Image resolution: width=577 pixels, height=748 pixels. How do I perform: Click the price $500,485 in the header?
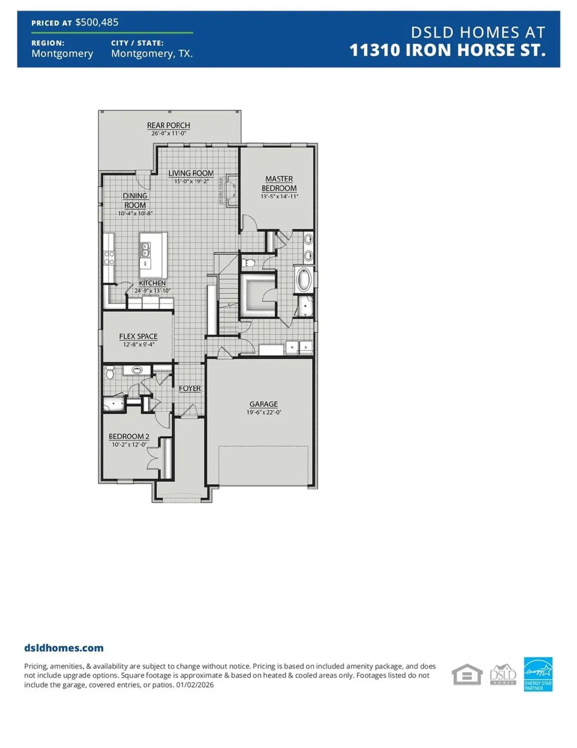(x=96, y=23)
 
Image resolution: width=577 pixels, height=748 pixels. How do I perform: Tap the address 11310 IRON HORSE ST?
(x=447, y=50)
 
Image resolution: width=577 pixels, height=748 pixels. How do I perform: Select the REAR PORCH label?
(x=168, y=125)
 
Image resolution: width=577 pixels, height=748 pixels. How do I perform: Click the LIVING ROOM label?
(x=191, y=173)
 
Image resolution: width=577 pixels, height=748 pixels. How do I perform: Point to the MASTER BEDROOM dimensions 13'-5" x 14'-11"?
(x=279, y=196)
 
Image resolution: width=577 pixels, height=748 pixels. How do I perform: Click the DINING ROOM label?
(x=135, y=200)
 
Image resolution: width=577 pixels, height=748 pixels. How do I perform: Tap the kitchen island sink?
(x=145, y=249)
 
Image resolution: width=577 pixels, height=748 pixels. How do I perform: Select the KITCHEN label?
(x=152, y=283)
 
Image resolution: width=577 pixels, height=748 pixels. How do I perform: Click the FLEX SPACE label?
(x=138, y=337)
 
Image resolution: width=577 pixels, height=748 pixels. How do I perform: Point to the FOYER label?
(x=189, y=388)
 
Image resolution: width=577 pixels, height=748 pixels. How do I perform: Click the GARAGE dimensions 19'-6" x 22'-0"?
(x=264, y=412)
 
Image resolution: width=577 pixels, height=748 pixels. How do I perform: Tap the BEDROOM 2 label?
(x=128, y=437)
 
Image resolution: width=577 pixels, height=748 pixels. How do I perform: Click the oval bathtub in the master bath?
(x=304, y=280)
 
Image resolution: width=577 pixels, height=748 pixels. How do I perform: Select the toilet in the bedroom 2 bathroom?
(x=110, y=373)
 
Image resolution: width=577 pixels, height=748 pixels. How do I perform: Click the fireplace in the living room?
(x=231, y=189)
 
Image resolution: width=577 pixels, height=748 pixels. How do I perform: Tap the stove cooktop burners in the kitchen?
(x=109, y=258)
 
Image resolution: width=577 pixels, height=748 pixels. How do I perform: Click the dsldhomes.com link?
(x=64, y=648)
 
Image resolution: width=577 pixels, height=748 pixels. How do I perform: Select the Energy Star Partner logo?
(x=538, y=674)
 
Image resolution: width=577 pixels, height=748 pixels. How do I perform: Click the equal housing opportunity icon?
(x=467, y=675)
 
